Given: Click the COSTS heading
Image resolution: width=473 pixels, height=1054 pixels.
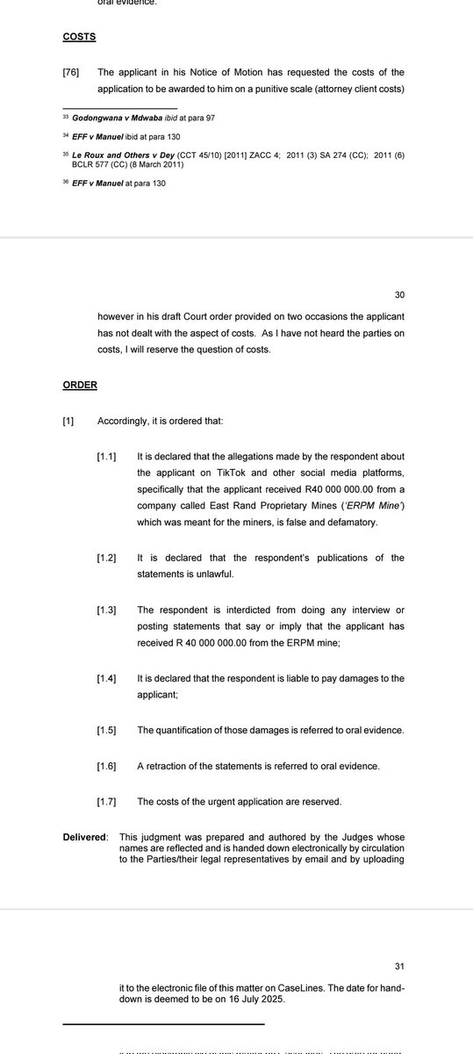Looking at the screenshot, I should coord(79,38).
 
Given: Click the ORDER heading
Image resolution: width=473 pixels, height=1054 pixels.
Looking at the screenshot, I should coord(81,385).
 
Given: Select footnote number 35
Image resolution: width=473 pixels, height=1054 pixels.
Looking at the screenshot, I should coord(66,152).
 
